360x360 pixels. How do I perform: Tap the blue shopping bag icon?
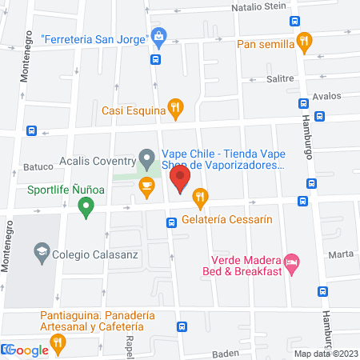pyautogui.click(x=159, y=36)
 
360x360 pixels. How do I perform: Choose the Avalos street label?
pyautogui.click(x=327, y=96)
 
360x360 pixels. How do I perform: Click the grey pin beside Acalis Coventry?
pyautogui.click(x=146, y=157)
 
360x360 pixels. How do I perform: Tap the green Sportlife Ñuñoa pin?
pyautogui.click(x=86, y=207)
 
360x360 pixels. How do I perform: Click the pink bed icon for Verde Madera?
pyautogui.click(x=293, y=261)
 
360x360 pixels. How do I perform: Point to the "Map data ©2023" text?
pyautogui.click(x=326, y=354)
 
